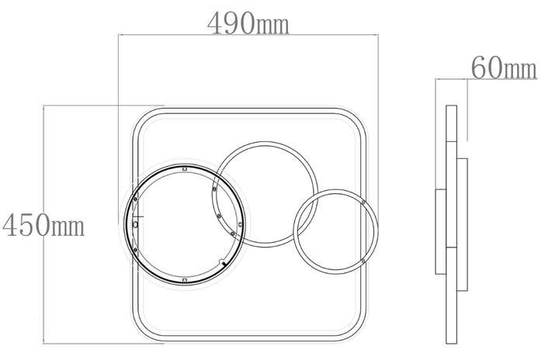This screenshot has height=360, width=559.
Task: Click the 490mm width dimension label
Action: (248, 23)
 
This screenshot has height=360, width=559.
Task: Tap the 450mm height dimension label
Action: (43, 225)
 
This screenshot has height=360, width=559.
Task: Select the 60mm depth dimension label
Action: (504, 67)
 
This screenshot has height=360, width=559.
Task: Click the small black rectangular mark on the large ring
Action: (224, 264)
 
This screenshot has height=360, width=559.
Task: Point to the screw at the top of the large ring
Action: (184, 169)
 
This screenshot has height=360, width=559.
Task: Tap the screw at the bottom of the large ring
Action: (184, 280)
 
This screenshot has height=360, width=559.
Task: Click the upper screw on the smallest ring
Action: (363, 202)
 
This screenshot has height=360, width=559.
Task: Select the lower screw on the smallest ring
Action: (363, 261)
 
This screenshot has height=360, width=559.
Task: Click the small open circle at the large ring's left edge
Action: (135, 224)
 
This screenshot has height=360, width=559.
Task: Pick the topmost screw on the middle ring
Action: (214, 189)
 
